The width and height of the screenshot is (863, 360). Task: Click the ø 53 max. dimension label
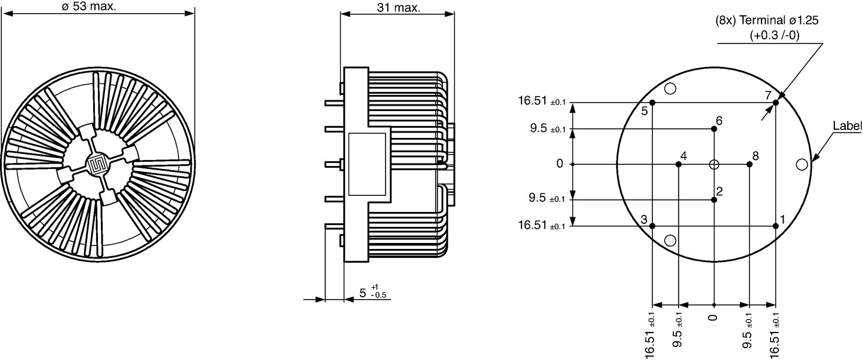(x=89, y=6)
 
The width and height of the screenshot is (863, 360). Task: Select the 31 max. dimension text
(x=398, y=7)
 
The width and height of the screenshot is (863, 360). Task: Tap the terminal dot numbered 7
(x=775, y=103)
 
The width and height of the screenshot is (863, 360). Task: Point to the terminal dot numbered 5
(x=652, y=103)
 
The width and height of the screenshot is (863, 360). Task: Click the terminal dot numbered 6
(x=714, y=129)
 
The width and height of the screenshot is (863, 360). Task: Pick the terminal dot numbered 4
(x=679, y=165)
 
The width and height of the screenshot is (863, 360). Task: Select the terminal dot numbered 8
(x=750, y=165)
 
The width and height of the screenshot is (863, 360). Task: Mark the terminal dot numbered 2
(x=714, y=200)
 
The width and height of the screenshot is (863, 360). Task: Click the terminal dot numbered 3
(x=652, y=226)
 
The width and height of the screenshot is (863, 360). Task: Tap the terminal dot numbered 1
(x=775, y=226)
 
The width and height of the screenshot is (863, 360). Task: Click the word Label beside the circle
(x=847, y=126)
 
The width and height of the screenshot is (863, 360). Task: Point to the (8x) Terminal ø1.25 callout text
(x=767, y=20)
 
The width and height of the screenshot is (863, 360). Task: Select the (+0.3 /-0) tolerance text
(x=775, y=36)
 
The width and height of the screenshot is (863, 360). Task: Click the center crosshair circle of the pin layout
(x=714, y=165)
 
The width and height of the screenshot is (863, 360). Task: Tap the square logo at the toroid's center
(x=98, y=165)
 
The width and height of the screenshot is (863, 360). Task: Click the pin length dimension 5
(x=362, y=293)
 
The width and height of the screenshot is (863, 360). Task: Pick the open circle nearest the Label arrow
(x=802, y=165)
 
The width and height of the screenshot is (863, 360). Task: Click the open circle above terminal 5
(x=670, y=88)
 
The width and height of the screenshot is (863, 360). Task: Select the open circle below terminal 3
(x=670, y=241)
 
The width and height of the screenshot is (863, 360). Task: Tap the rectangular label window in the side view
(x=367, y=165)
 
